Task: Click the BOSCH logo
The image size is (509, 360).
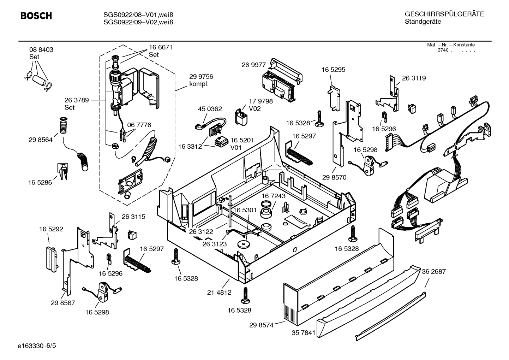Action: [36, 16]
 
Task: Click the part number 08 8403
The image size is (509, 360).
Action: [41, 50]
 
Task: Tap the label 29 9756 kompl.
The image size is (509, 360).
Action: [201, 80]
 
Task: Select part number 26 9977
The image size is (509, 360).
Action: [253, 65]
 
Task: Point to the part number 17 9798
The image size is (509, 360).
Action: [261, 101]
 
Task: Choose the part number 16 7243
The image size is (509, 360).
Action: [273, 196]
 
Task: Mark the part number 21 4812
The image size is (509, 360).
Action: [219, 293]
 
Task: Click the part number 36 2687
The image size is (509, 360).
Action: [433, 271]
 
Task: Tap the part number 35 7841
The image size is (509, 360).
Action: [304, 333]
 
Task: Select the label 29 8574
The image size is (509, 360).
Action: [261, 325]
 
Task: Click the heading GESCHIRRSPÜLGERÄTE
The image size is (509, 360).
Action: [444, 14]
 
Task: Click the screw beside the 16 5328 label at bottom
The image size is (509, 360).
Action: [245, 295]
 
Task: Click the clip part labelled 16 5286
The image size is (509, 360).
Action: [62, 171]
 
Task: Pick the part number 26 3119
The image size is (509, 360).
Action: [414, 78]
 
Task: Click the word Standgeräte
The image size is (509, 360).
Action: [423, 22]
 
